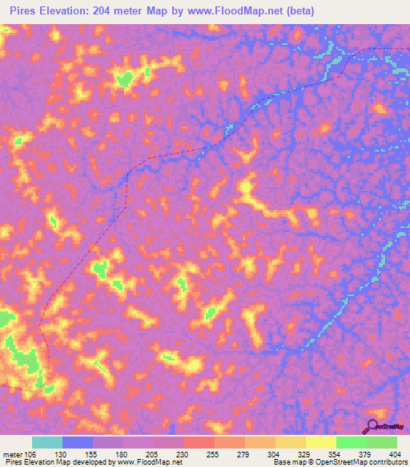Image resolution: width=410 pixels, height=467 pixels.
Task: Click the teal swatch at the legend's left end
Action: click(x=47, y=442)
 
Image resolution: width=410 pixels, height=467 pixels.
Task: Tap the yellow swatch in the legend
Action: click(x=320, y=442)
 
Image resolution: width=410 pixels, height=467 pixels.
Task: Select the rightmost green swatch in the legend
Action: click(x=381, y=442)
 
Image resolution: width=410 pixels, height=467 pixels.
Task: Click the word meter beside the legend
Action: click(x=11, y=454)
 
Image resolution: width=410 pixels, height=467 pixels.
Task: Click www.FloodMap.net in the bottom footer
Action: click(x=148, y=462)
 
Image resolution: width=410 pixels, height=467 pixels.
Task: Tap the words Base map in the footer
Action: click(x=287, y=462)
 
